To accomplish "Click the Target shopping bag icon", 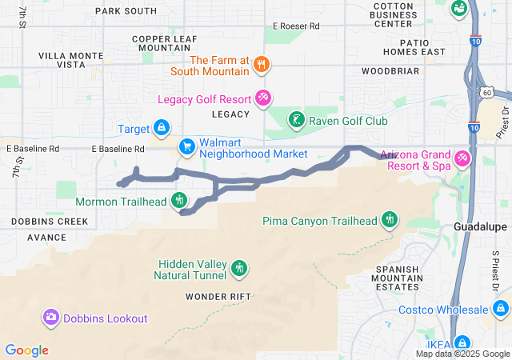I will [161, 128].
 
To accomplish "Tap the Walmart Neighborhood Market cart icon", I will [186, 146].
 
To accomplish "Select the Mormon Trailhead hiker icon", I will [179, 200].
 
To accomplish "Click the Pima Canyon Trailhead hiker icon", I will [390, 219].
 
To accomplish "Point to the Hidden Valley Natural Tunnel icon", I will [239, 269].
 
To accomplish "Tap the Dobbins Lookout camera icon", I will [51, 318].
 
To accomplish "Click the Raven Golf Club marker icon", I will [296, 121].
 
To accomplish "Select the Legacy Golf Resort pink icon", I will [262, 98].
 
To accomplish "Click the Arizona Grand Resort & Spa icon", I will [462, 159].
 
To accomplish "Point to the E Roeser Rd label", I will [295, 26].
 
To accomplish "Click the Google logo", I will [26, 350].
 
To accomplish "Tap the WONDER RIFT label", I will [218, 296].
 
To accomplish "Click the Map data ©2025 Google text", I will [462, 354].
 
